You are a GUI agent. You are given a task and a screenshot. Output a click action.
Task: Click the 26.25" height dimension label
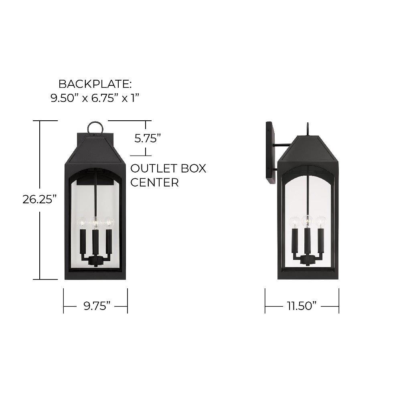pos(39,199)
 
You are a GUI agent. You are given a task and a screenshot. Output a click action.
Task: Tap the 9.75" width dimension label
pos(97,306)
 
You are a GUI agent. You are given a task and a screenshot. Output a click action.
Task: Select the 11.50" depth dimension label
pos(301,306)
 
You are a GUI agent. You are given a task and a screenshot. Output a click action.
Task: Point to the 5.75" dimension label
pos(147,138)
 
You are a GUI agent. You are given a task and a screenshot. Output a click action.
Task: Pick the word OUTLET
pos(154,168)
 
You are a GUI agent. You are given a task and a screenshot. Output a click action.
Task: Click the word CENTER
pos(154,182)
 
